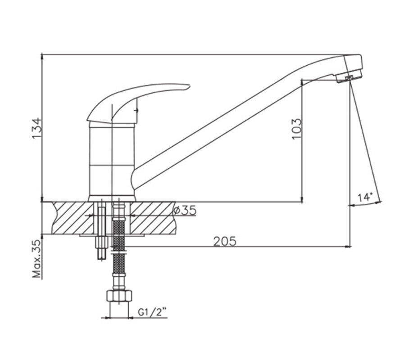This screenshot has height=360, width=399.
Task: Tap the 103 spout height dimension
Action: [297, 129]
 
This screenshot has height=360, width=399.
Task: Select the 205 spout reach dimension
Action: [225, 241]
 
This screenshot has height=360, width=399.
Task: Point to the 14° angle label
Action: [365, 197]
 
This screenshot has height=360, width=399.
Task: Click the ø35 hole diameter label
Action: [185, 210]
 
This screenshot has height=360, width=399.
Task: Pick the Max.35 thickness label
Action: [36, 258]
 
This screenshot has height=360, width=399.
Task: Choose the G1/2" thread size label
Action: [152, 312]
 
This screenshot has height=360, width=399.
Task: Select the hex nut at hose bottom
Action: [119, 296]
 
